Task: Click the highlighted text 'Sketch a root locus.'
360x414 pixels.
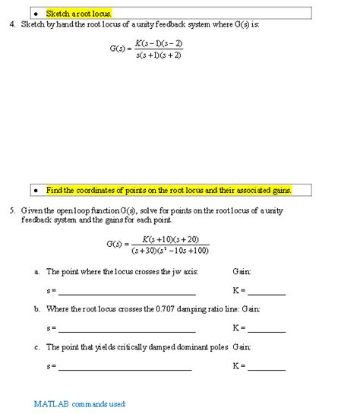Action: (x=78, y=14)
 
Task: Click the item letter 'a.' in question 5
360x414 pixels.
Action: (x=37, y=271)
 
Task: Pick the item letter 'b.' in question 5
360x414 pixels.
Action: (x=37, y=309)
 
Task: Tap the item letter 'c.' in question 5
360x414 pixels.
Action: (x=37, y=346)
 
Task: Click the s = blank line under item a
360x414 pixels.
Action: (x=127, y=293)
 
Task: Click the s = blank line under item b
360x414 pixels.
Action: (x=127, y=330)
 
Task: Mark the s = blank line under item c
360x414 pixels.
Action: (x=125, y=368)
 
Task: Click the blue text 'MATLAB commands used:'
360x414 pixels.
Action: (x=80, y=403)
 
